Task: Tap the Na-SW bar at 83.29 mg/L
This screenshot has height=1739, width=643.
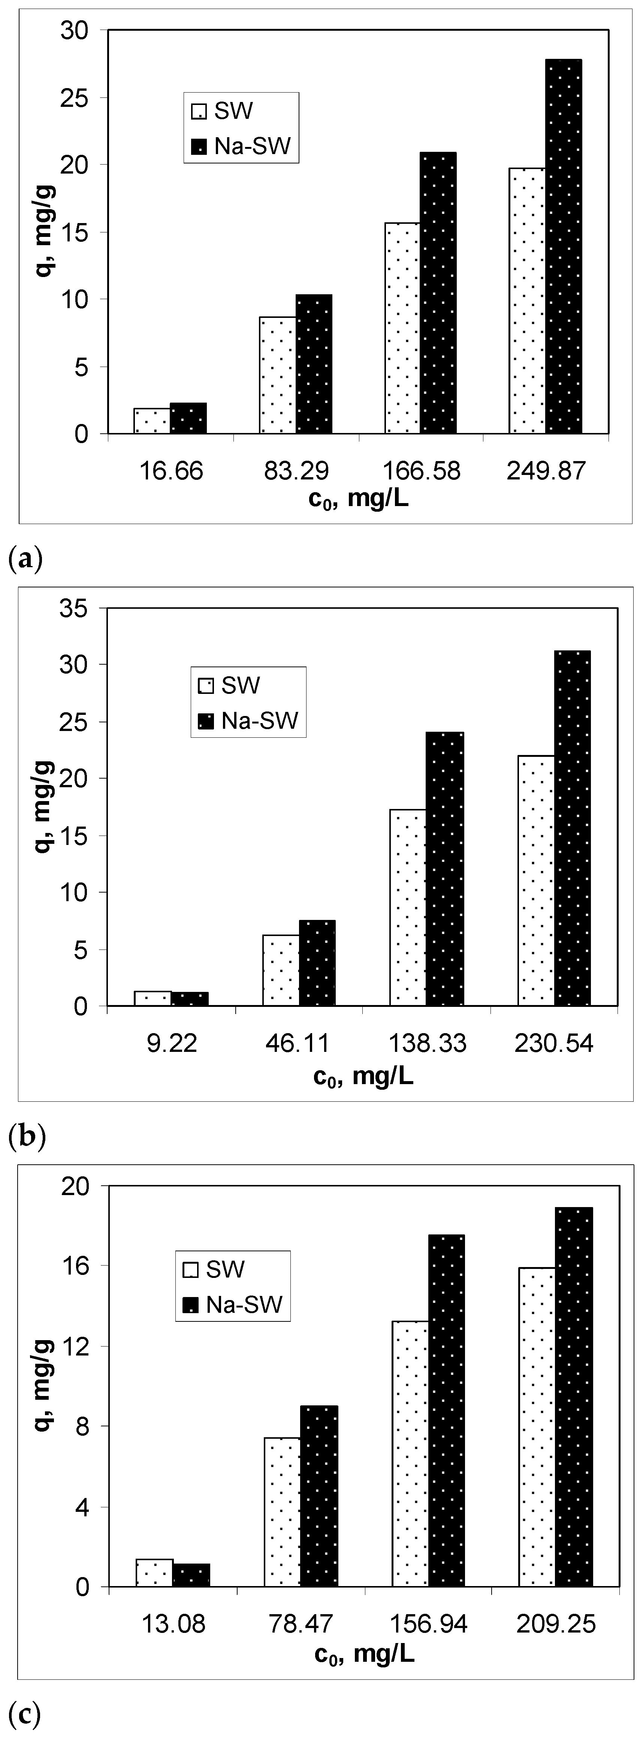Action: click(x=314, y=364)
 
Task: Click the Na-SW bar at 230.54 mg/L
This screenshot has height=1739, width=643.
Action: click(x=572, y=828)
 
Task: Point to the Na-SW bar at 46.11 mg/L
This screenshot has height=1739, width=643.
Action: click(x=317, y=963)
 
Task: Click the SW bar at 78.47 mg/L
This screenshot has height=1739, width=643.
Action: click(x=282, y=1512)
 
